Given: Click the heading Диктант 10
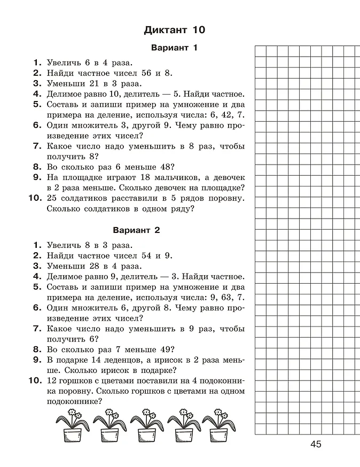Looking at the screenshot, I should click(175, 29).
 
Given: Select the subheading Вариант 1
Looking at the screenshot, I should click(175, 48).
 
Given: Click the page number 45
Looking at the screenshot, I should click(316, 445).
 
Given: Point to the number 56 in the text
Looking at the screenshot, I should click(146, 73).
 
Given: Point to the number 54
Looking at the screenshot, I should click(146, 255).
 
